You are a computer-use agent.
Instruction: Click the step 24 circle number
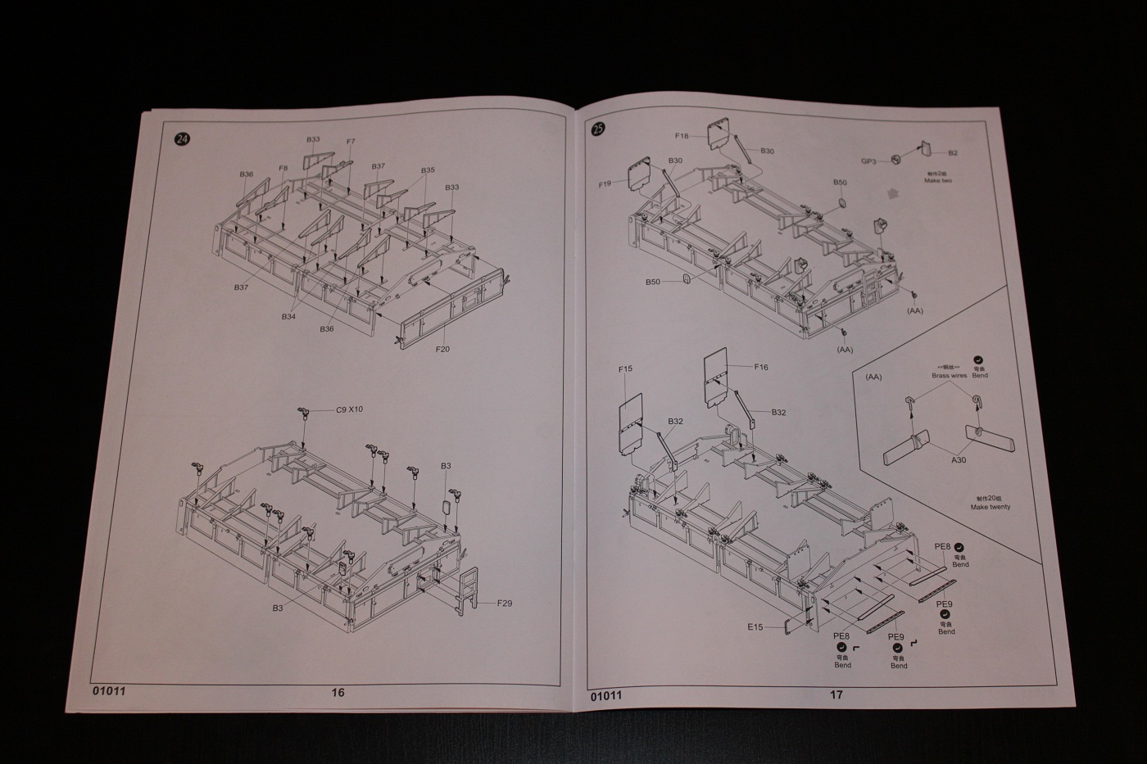click(x=181, y=138)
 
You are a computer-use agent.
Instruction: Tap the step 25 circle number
click(x=598, y=129)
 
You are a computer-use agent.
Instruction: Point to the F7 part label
click(x=351, y=142)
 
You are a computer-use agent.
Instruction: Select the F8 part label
click(x=283, y=169)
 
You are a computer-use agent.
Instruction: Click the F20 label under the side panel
click(x=443, y=349)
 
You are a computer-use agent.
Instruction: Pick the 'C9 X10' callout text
click(x=349, y=410)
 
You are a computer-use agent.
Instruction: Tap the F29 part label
click(x=504, y=604)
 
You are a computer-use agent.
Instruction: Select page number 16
click(x=338, y=692)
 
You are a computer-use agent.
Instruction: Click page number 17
click(x=836, y=694)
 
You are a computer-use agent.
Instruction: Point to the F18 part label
click(x=682, y=136)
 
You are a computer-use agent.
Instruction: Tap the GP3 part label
click(x=868, y=161)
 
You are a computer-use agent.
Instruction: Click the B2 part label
click(x=953, y=153)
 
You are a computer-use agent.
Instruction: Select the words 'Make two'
click(x=938, y=180)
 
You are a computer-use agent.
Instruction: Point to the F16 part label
click(x=760, y=368)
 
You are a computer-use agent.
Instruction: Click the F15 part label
click(x=625, y=369)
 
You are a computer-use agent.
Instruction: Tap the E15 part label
click(x=755, y=627)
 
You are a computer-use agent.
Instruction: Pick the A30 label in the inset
click(x=959, y=460)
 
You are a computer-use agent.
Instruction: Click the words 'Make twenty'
click(x=991, y=507)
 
